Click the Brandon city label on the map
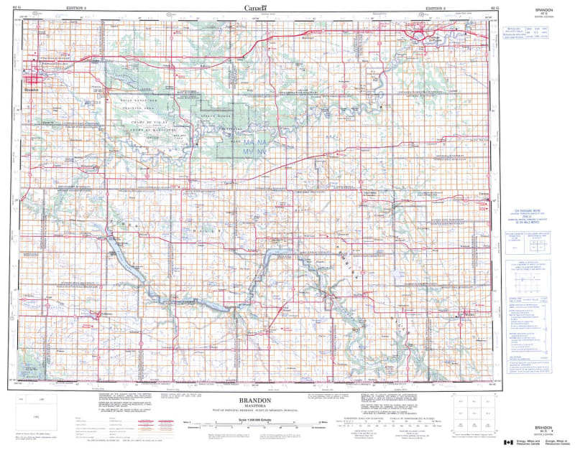32,91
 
